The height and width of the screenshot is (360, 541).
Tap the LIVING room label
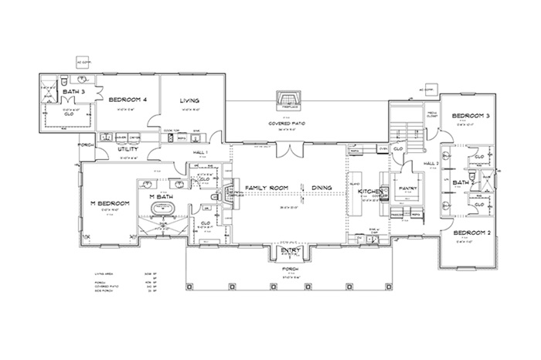pyautogui.click(x=190, y=100)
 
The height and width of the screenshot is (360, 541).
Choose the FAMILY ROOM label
pyautogui.click(x=266, y=188)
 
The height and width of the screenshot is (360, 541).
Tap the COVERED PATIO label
pyautogui.click(x=288, y=123)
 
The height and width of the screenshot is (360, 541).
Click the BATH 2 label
pyautogui.click(x=463, y=182)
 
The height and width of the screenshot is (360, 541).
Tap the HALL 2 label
pyautogui.click(x=430, y=164)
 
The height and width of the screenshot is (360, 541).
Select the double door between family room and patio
pyautogui.click(x=287, y=147)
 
